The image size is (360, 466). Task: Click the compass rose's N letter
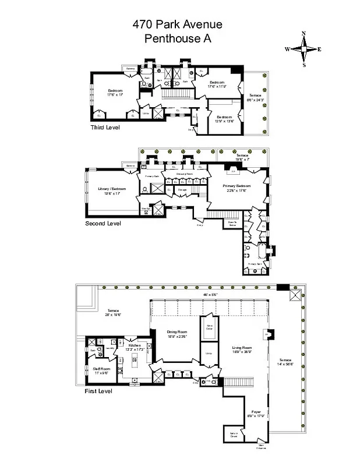303,34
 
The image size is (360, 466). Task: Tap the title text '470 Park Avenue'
177,25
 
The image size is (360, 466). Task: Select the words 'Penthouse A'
177,39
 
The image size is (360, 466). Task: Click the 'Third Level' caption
105,127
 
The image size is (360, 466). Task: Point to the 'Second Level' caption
103,223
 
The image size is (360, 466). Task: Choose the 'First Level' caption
98,390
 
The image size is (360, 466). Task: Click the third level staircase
171,93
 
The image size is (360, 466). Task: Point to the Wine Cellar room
209,326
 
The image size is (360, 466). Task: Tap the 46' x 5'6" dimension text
210,295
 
